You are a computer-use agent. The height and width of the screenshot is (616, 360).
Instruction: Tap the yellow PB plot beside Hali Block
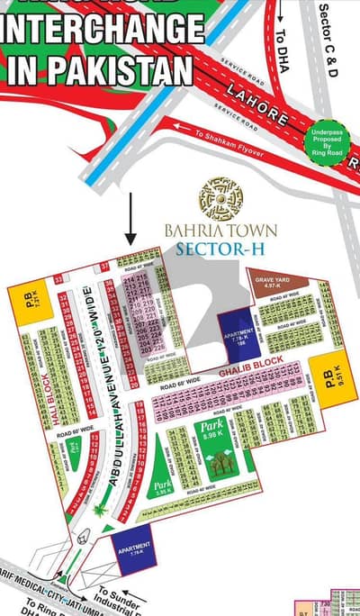pyautogui.click(x=24, y=306)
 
